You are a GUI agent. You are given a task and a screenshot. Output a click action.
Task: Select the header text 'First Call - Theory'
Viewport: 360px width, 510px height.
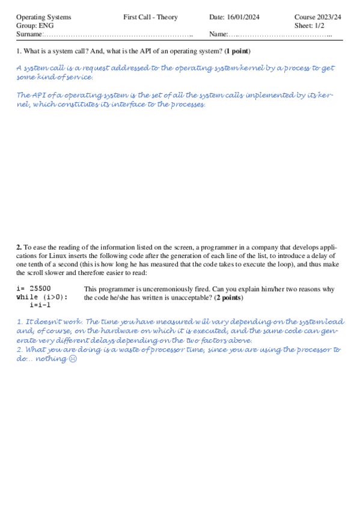(150, 17)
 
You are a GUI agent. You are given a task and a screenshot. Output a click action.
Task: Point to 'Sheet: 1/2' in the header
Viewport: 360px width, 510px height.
(309, 26)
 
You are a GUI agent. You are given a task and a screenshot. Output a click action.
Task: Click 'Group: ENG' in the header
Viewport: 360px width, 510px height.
(35, 26)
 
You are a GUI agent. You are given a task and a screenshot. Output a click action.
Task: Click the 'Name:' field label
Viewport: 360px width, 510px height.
(219, 35)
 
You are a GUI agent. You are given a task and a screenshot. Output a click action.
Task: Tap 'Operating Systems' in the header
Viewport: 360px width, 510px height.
(43, 17)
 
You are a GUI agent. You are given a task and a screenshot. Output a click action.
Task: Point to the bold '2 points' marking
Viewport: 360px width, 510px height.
(228, 298)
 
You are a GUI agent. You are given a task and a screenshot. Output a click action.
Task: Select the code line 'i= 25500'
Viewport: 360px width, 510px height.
(34, 289)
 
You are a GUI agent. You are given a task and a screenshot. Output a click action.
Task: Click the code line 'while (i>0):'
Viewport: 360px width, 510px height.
(42, 297)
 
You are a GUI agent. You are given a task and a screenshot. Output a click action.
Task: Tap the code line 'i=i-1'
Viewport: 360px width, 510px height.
(40, 305)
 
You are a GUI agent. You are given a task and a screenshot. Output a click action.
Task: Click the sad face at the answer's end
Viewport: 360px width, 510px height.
(73, 359)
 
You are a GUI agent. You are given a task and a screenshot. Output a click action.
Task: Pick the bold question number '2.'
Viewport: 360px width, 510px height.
(19, 247)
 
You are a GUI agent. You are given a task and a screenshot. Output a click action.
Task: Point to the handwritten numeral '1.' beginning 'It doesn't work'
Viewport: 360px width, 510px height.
(20, 322)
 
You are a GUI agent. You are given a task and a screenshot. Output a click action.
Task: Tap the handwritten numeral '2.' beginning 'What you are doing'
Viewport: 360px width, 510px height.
(20, 349)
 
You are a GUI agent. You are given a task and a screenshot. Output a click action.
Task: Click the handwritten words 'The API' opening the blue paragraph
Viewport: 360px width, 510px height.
(29, 95)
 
